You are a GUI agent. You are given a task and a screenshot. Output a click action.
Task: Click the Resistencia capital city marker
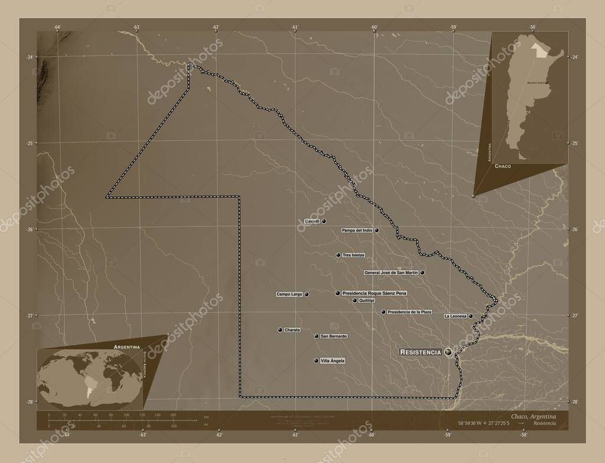click(449, 352)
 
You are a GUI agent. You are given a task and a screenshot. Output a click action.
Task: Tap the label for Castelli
click(311, 221)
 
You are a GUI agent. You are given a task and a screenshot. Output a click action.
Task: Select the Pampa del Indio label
click(357, 230)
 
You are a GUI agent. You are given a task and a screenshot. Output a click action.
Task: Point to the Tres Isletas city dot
click(339, 255)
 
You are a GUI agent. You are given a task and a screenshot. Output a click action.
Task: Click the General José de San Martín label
click(391, 273)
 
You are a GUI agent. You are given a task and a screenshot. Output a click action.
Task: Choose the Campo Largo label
click(289, 294)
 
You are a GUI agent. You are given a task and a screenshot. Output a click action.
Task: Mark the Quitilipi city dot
click(354, 300)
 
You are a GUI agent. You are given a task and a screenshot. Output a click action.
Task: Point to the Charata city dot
click(279, 330)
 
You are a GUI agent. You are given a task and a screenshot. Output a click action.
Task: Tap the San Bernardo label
click(333, 336)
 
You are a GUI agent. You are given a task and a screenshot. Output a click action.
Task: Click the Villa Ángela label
click(332, 361)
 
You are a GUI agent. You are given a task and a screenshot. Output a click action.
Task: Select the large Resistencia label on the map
click(421, 352)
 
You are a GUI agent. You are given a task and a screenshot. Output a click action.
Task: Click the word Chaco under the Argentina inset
click(503, 167)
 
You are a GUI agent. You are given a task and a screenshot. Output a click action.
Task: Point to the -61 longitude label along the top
click(294, 27)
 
